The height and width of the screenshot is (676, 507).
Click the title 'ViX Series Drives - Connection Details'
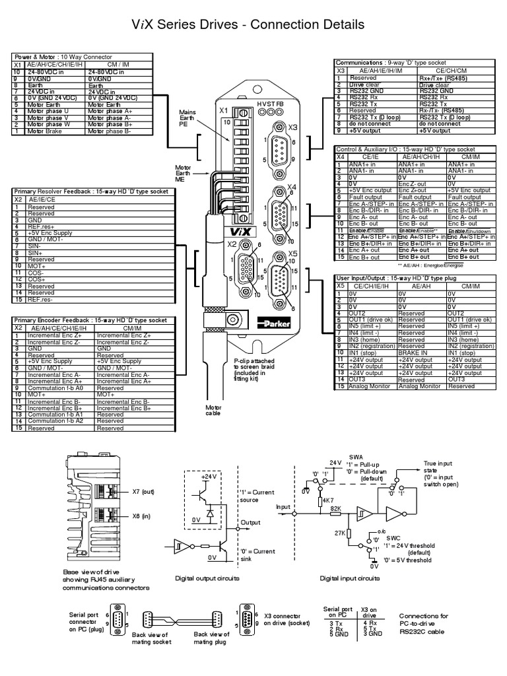click(x=253, y=25)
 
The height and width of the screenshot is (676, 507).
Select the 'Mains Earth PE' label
click(x=188, y=118)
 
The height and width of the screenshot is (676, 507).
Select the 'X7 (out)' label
click(x=144, y=491)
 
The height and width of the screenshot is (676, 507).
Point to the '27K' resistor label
click(x=340, y=532)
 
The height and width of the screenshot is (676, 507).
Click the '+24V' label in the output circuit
click(x=209, y=475)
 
